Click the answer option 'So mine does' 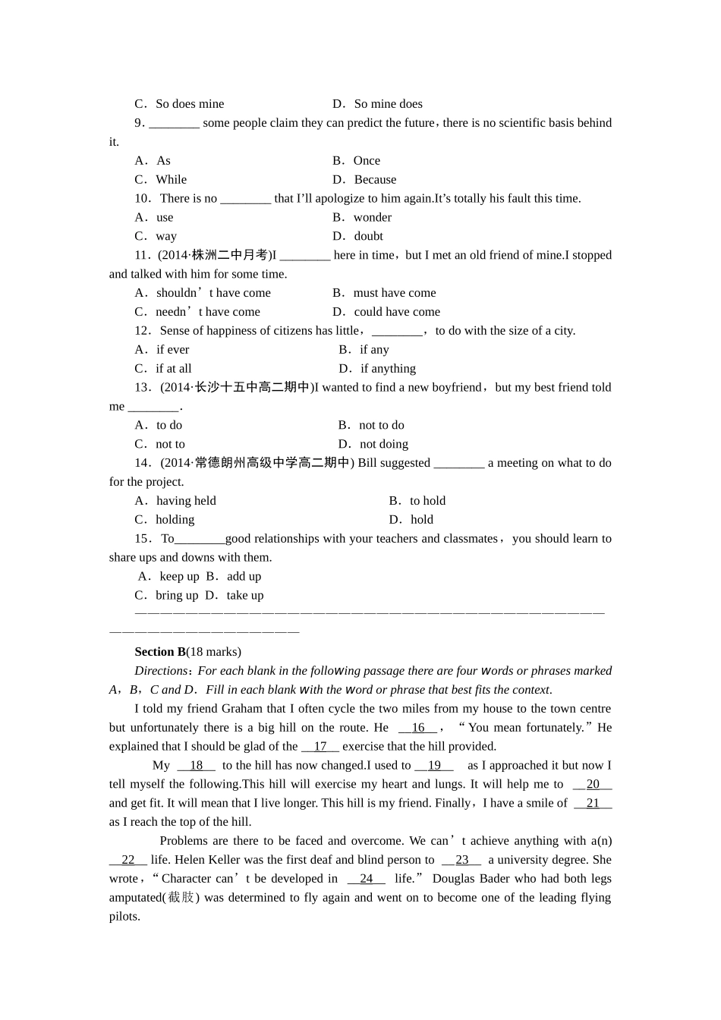[x=388, y=104]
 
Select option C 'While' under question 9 [x=171, y=180]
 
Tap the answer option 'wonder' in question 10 [x=372, y=218]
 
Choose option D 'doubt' [x=368, y=237]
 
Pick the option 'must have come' [x=395, y=293]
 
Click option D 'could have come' [x=397, y=312]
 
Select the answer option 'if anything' [x=388, y=369]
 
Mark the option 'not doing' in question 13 [x=383, y=445]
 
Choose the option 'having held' [x=186, y=501]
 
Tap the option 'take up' [x=244, y=596]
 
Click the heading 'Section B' [x=160, y=652]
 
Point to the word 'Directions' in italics [x=161, y=671]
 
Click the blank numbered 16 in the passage [x=418, y=728]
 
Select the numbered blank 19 [x=434, y=766]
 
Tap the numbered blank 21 [x=593, y=804]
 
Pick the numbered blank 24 [x=367, y=879]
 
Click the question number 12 [x=142, y=331]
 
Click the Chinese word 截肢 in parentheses [x=181, y=898]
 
